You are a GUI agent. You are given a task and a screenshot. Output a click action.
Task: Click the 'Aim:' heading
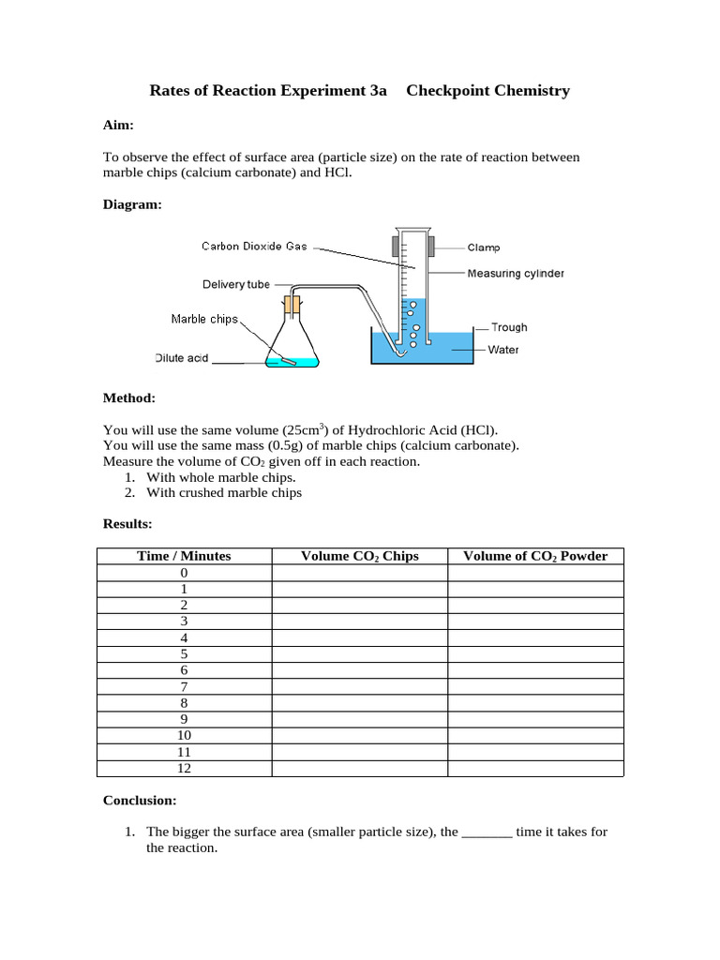click(x=118, y=125)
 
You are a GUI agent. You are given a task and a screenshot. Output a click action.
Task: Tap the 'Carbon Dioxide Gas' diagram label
click(x=254, y=247)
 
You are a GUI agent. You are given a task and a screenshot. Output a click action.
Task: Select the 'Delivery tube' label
click(x=236, y=284)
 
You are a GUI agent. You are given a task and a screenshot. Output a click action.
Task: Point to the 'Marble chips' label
click(x=204, y=319)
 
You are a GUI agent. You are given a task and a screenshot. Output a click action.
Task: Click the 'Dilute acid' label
click(x=181, y=358)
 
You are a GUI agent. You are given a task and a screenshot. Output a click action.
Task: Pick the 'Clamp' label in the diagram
click(x=484, y=247)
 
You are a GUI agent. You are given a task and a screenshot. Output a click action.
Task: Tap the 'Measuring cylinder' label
click(x=516, y=274)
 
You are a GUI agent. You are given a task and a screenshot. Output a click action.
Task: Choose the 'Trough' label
click(x=509, y=327)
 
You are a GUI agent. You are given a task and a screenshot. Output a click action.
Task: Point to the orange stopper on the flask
click(x=292, y=305)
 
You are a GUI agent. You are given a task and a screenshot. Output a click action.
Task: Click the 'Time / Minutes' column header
click(x=184, y=556)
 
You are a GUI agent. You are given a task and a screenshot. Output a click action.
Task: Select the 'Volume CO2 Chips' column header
click(x=359, y=556)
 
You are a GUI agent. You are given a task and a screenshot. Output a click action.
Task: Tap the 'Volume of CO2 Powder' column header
click(x=535, y=556)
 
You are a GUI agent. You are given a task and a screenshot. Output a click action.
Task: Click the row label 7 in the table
click(x=184, y=686)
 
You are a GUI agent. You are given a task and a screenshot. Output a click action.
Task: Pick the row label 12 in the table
click(x=184, y=768)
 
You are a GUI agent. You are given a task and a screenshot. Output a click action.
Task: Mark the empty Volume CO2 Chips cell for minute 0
click(x=359, y=573)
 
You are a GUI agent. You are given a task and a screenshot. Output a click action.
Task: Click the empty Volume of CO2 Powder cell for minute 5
click(x=535, y=653)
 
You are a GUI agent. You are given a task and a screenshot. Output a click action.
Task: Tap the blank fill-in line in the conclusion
click(x=487, y=832)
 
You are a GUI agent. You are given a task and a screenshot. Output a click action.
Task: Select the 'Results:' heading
click(x=127, y=523)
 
